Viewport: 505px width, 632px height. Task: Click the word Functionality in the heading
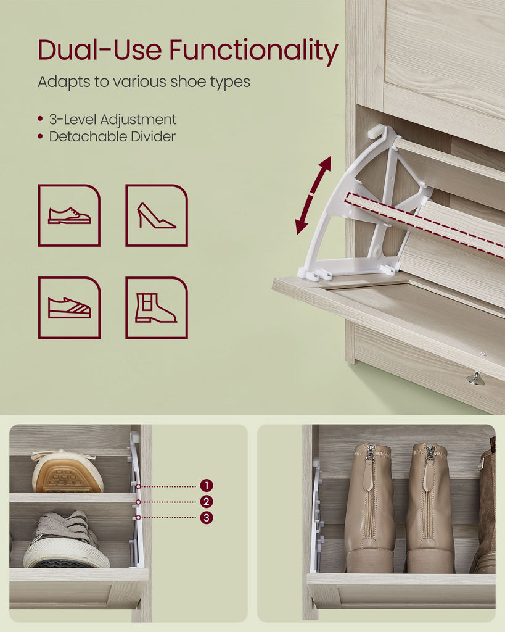tap(253, 51)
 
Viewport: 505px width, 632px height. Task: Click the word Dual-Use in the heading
tap(100, 49)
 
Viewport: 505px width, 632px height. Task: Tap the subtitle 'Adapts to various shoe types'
tap(144, 82)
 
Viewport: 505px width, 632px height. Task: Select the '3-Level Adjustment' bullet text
tap(113, 119)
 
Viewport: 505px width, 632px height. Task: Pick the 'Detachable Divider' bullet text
tap(112, 136)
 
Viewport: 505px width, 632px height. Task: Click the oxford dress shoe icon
tap(69, 215)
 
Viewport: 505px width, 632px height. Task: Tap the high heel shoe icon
tap(157, 215)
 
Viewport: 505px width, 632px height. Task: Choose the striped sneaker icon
tap(69, 307)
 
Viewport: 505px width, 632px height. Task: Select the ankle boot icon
tap(157, 307)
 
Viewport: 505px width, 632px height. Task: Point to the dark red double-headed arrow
tap(313, 196)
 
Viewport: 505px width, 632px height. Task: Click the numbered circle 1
tap(207, 486)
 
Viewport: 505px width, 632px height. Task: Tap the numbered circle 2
tap(207, 502)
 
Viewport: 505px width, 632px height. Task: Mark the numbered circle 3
tap(207, 518)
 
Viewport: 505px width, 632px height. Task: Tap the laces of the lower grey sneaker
tap(62, 528)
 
